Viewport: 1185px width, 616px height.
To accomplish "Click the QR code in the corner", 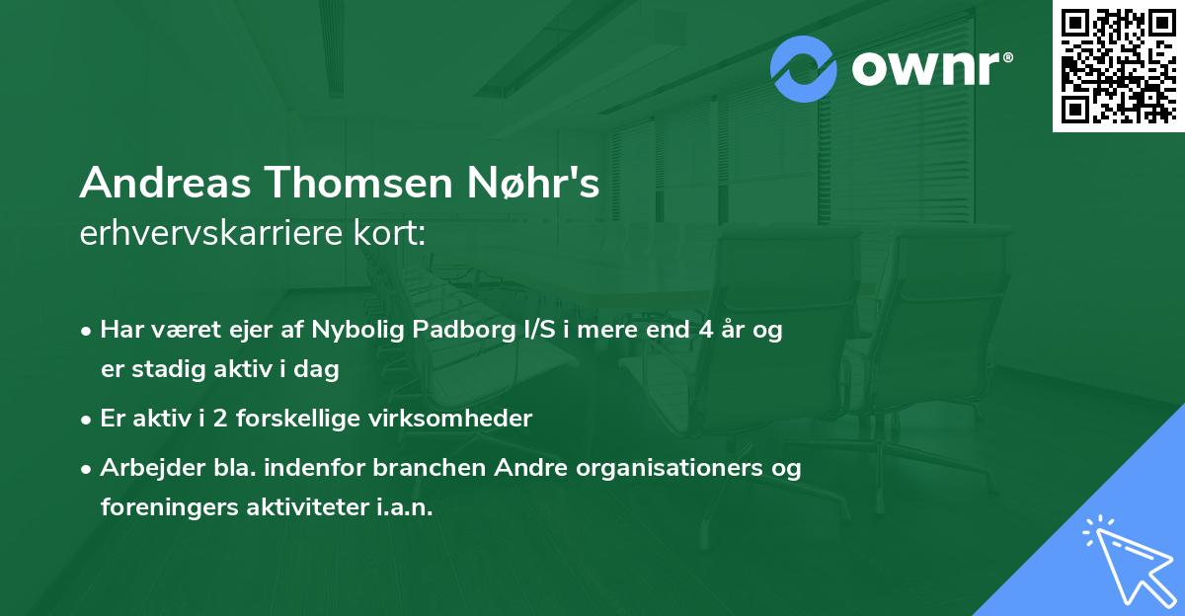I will pyautogui.click(x=1119, y=65).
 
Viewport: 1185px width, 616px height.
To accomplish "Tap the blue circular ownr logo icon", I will pyautogui.click(x=804, y=68).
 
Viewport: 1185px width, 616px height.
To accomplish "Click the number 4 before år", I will pyautogui.click(x=704, y=331).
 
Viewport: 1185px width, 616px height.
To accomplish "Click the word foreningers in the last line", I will pyautogui.click(x=164, y=507).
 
